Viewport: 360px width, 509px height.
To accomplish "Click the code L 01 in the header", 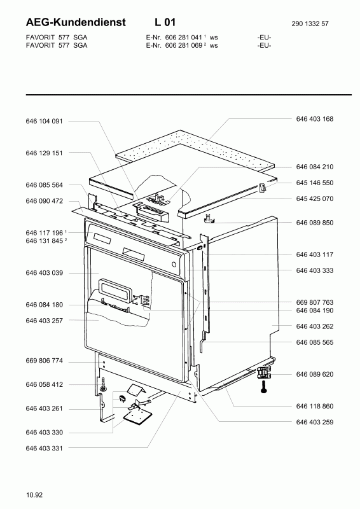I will click(x=164, y=23).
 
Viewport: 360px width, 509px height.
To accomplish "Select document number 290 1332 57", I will click(x=312, y=24).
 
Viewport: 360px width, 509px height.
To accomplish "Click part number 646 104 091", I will click(x=44, y=121).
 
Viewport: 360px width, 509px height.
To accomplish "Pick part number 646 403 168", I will click(x=314, y=119).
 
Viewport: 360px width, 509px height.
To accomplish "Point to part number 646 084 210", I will click(x=314, y=167).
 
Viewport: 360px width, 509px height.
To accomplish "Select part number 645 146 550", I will click(x=314, y=183).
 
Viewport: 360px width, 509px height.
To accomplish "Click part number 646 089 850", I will click(x=314, y=223).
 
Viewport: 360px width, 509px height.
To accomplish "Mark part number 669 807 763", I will click(x=314, y=302).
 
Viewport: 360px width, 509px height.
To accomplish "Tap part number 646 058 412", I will click(x=44, y=385).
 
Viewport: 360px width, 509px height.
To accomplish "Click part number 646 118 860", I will click(x=314, y=405).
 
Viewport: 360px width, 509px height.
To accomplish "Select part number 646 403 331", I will click(x=44, y=449).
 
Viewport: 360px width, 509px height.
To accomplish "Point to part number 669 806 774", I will click(x=44, y=361).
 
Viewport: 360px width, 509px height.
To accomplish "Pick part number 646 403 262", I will click(x=314, y=326).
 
